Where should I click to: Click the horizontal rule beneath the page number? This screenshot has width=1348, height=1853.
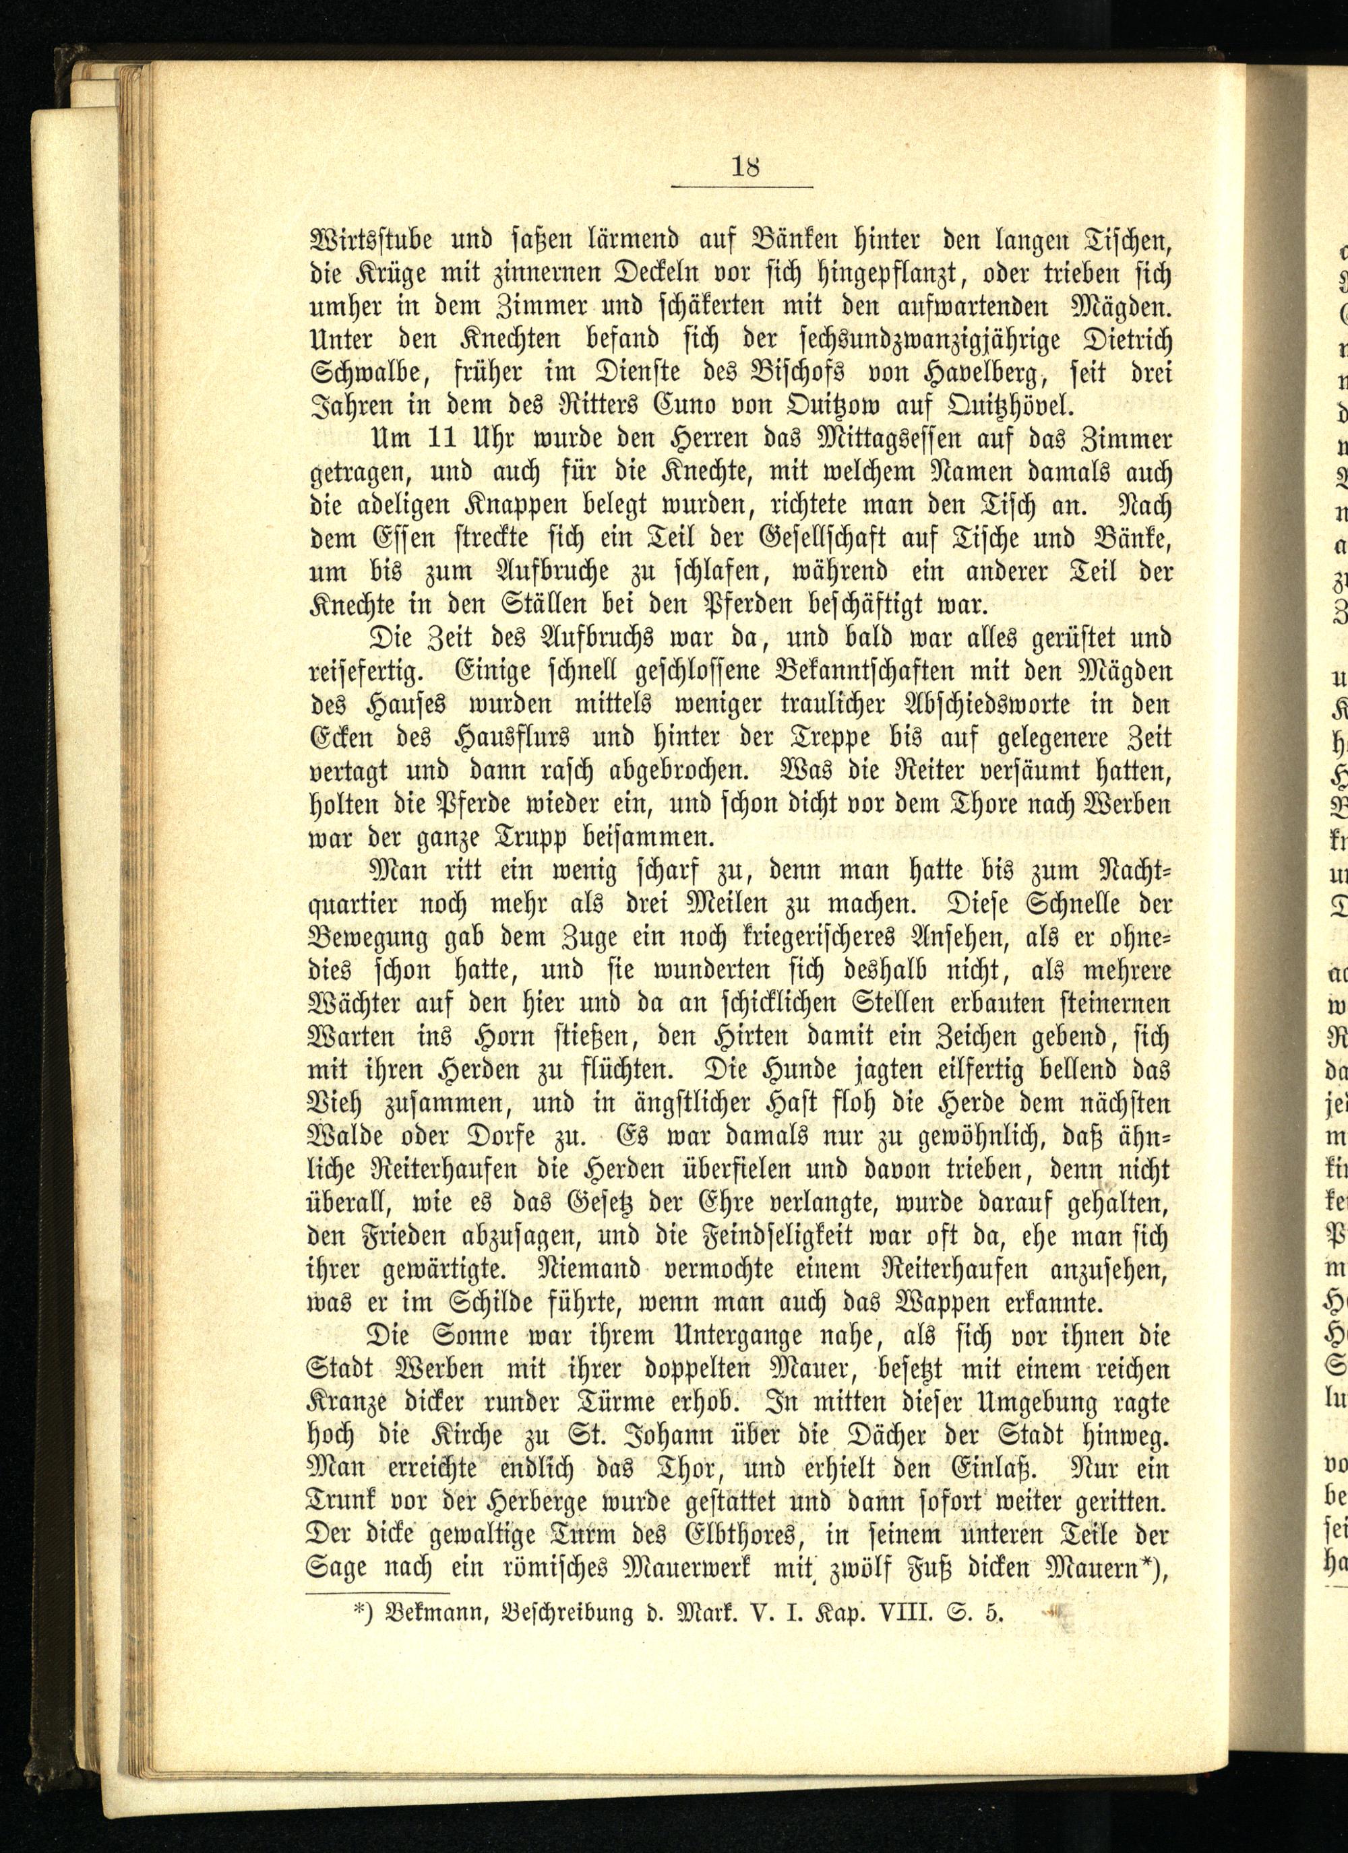pos(741,188)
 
